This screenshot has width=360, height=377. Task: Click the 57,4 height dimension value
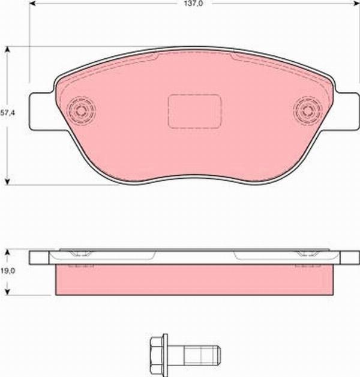click(7, 112)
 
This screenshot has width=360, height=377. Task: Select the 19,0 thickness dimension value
click(6, 271)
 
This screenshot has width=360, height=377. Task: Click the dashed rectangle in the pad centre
click(194, 111)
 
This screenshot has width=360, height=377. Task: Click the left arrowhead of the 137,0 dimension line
click(33, 4)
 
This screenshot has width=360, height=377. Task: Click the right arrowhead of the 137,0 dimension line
click(354, 4)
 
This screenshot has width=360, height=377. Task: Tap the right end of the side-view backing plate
click(349, 258)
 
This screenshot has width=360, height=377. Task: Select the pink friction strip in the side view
click(193, 280)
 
